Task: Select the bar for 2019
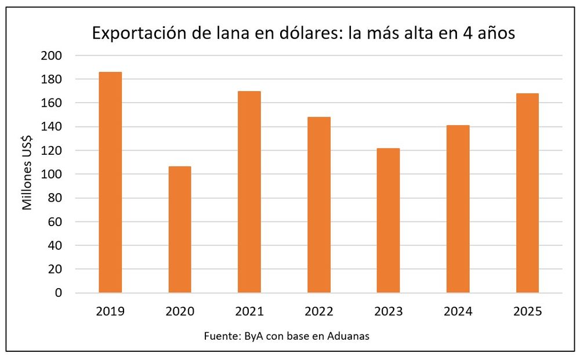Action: tap(110, 183)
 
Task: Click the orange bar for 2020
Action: tap(180, 230)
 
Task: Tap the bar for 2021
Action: tap(249, 192)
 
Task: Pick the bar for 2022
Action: tap(319, 205)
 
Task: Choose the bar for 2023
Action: tap(389, 220)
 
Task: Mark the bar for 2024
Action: tap(458, 209)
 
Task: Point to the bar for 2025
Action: tap(528, 193)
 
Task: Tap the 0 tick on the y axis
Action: tap(58, 293)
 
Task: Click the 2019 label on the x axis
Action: tap(110, 312)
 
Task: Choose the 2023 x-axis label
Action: tap(389, 312)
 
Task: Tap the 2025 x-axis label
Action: tap(528, 312)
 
